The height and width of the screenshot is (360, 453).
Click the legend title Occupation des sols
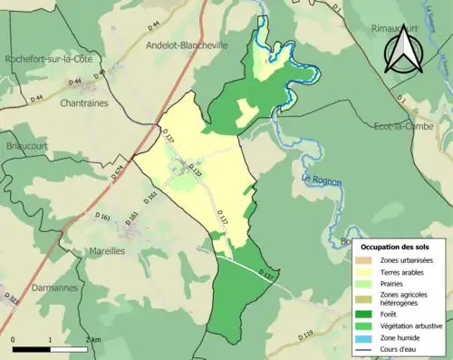[395, 247]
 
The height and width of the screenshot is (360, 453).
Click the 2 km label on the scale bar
[88, 339]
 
